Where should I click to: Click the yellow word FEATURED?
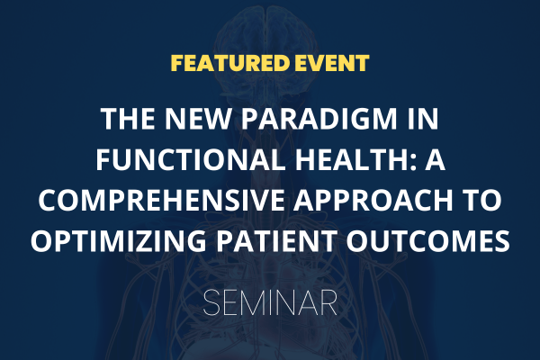tap(230, 63)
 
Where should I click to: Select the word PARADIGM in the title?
tap(319, 119)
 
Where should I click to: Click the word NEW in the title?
tap(197, 119)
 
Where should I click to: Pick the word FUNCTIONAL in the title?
tap(191, 159)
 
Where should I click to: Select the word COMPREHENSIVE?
tap(161, 200)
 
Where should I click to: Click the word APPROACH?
tap(373, 200)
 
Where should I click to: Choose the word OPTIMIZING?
tap(119, 240)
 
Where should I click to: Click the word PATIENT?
tap(277, 240)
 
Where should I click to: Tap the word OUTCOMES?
tap(428, 240)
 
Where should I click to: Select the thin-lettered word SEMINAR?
tap(270, 302)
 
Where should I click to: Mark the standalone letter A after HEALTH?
tap(435, 159)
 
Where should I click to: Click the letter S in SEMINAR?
tap(211, 302)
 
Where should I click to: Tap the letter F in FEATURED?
tap(176, 63)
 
